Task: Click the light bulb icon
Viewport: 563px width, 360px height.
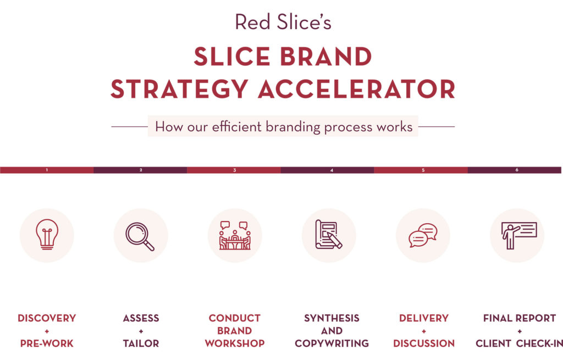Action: pyautogui.click(x=47, y=234)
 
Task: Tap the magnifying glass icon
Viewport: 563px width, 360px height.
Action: pyautogui.click(x=140, y=236)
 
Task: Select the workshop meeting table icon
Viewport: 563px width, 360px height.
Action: pyautogui.click(x=235, y=235)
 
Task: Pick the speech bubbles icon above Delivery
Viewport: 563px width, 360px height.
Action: pyautogui.click(x=423, y=235)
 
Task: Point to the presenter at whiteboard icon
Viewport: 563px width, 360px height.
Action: pyautogui.click(x=519, y=235)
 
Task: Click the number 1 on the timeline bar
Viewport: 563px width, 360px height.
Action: pyautogui.click(x=47, y=170)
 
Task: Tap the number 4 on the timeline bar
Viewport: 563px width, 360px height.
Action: pyautogui.click(x=332, y=170)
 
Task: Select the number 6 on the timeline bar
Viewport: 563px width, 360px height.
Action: pyautogui.click(x=517, y=170)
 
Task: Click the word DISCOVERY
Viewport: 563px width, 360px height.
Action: pyautogui.click(x=47, y=318)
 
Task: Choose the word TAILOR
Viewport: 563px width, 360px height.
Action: pyautogui.click(x=141, y=344)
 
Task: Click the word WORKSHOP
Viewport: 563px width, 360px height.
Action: pyautogui.click(x=235, y=344)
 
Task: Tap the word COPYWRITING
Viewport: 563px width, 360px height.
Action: pyautogui.click(x=332, y=344)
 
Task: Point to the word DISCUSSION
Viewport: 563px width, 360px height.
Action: pyautogui.click(x=424, y=344)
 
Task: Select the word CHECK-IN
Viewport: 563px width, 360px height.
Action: pyautogui.click(x=539, y=344)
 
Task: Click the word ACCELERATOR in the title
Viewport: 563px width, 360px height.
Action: pyautogui.click(x=356, y=89)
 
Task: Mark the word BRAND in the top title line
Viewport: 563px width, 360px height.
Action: pyautogui.click(x=325, y=57)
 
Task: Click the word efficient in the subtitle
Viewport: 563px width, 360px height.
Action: pyautogui.click(x=236, y=127)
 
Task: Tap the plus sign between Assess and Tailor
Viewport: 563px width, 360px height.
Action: pyautogui.click(x=141, y=331)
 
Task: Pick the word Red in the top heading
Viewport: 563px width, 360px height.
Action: pyautogui.click(x=252, y=22)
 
